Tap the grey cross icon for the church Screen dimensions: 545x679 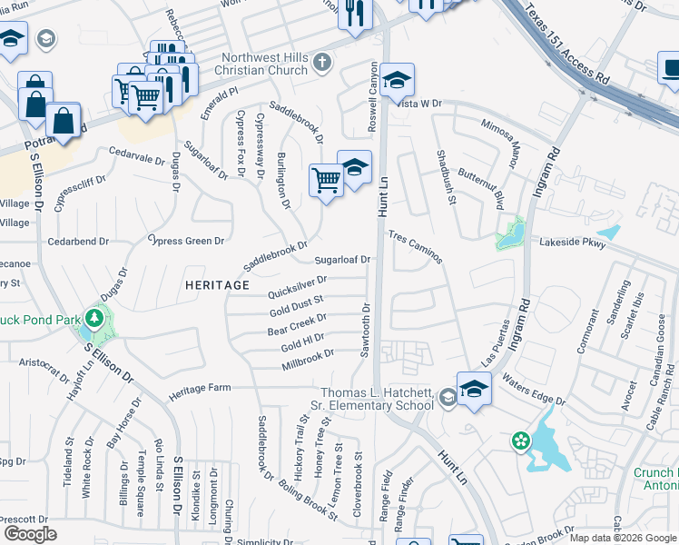point(321,63)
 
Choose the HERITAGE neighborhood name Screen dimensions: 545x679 point(217,285)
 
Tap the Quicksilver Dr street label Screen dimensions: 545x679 point(297,287)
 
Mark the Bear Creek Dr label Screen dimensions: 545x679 point(297,324)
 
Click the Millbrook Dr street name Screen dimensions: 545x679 point(308,359)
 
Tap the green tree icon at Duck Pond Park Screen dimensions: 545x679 point(94,318)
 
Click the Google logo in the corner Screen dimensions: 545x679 point(31,534)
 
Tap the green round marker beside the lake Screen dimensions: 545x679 point(520,441)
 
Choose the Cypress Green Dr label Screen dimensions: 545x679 point(187,241)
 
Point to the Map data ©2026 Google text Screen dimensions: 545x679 point(623,538)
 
